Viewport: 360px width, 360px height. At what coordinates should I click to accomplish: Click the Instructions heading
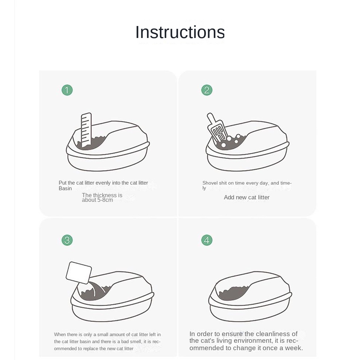coord(180,32)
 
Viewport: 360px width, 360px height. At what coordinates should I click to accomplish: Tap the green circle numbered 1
coord(67,90)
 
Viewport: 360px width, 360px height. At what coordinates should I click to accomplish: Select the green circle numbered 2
coord(207,90)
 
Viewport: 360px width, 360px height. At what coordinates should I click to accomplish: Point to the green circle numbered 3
coord(67,240)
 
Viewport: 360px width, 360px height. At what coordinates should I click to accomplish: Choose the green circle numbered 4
coord(207,240)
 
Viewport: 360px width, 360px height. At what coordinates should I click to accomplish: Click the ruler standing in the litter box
coord(86,130)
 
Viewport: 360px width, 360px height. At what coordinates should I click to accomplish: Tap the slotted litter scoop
coord(217,129)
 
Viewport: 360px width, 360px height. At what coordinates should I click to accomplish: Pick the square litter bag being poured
coord(79,272)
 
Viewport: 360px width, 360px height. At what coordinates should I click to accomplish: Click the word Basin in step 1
coord(65,188)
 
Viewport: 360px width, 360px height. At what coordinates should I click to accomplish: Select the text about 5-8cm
coord(97,200)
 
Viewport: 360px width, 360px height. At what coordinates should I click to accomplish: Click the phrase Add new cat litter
coord(246,198)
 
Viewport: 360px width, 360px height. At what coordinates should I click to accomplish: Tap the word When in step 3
coord(60,335)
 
